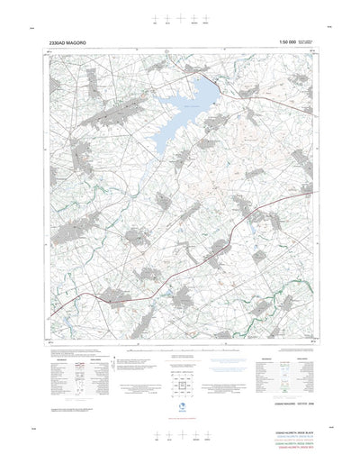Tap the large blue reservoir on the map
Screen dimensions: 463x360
[175, 117]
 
